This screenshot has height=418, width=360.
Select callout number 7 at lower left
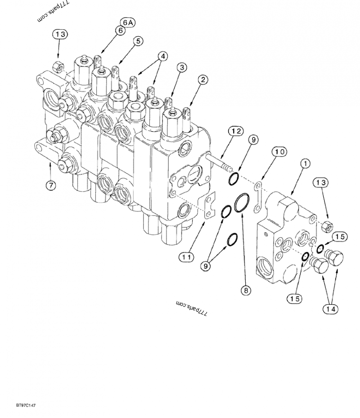click(x=51, y=185)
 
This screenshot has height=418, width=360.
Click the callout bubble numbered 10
click(x=280, y=152)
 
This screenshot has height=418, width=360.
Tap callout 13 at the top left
click(x=61, y=34)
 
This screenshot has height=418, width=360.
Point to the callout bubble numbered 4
click(x=162, y=57)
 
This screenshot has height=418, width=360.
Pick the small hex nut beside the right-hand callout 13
click(x=328, y=226)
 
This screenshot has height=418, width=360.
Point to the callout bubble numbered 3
click(x=181, y=68)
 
